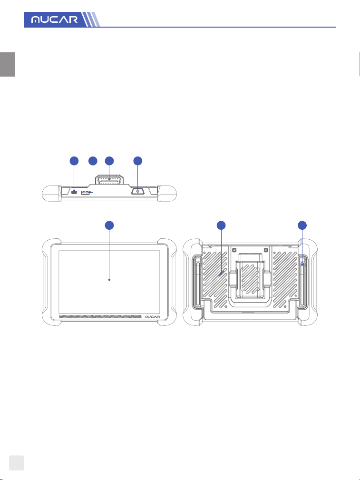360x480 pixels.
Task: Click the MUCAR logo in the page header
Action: coord(55,20)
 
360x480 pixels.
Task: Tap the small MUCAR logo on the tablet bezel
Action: coord(152,317)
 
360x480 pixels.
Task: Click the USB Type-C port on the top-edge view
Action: coord(74,192)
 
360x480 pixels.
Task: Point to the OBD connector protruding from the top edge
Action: coord(109,181)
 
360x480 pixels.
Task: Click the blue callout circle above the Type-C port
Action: coord(74,161)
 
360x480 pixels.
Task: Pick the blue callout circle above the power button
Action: coord(138,161)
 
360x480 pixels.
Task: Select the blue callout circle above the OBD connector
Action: coord(109,161)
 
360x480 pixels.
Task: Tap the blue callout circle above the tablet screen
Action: coord(109,225)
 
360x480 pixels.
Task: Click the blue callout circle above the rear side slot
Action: coord(302,225)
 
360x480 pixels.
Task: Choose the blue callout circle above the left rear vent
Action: coord(221,225)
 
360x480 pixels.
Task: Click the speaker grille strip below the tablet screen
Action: coord(100,317)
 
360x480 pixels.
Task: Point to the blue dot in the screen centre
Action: coord(109,280)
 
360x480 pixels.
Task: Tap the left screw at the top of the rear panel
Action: coord(234,249)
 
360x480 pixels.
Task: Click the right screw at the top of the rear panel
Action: coord(266,249)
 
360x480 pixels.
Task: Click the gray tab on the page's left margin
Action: coord(7,64)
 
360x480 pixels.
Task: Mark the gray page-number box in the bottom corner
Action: coord(16,462)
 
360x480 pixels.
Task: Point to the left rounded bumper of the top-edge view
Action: coord(51,193)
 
